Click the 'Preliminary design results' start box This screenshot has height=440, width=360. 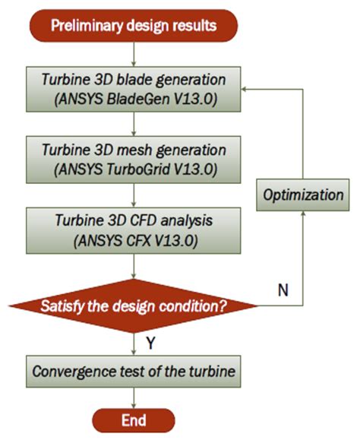(134, 25)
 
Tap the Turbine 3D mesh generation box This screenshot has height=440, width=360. (134, 156)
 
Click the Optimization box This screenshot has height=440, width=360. (303, 195)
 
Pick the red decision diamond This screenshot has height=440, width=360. (134, 307)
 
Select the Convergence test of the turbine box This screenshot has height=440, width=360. (134, 373)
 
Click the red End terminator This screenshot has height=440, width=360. (134, 419)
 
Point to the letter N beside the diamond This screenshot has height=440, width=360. (282, 290)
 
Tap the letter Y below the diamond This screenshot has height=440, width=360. (150, 343)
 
